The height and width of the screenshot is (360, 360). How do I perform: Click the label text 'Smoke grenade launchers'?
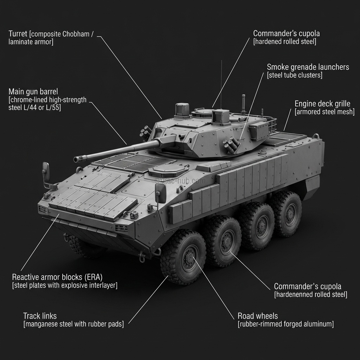pos(308,67)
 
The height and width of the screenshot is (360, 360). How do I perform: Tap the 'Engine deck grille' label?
pos(322,104)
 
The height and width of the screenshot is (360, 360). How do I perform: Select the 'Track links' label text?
pos(40,316)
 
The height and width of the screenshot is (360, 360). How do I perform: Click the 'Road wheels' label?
pos(258,316)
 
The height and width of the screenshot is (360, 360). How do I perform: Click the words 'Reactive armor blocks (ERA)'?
pos(57,277)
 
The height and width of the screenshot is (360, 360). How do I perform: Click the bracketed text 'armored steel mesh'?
pos(324,112)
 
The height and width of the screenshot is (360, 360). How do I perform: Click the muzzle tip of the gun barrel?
pos(76,160)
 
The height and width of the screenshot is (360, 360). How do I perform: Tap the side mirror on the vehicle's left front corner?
pos(46,171)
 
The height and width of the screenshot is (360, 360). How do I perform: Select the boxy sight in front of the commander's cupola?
pos(221,117)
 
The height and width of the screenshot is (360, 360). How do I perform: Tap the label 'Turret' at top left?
pos(18,34)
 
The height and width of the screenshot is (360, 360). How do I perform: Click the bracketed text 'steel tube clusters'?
pos(295,75)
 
